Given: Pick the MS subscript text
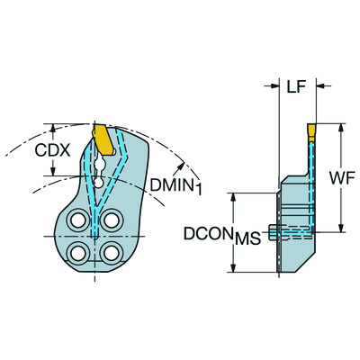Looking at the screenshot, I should point(247,239).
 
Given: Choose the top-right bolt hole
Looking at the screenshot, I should point(111,220).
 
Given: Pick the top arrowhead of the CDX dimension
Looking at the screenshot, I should point(55,127).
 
